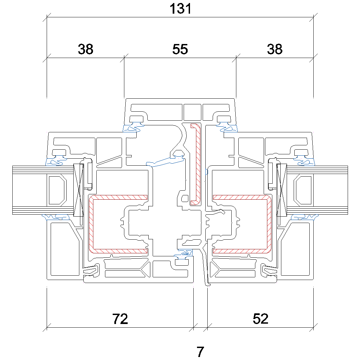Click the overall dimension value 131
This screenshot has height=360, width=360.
[181, 9]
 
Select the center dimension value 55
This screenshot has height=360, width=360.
[180, 50]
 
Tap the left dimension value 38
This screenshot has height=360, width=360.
[86, 50]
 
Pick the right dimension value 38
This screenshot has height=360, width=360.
[275, 50]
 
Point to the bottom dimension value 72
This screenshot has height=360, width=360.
[120, 319]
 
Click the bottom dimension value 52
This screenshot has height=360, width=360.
[260, 319]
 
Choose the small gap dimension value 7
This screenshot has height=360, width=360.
[200, 352]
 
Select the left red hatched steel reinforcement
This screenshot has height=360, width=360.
[91, 223]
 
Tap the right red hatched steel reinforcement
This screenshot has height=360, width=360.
[269, 223]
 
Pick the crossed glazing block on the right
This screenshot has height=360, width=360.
[282, 190]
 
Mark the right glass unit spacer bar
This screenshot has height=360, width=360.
[303, 190]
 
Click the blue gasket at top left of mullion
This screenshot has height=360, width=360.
[132, 128]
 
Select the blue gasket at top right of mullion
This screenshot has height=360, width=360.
[228, 128]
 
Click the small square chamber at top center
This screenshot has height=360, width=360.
[192, 112]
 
